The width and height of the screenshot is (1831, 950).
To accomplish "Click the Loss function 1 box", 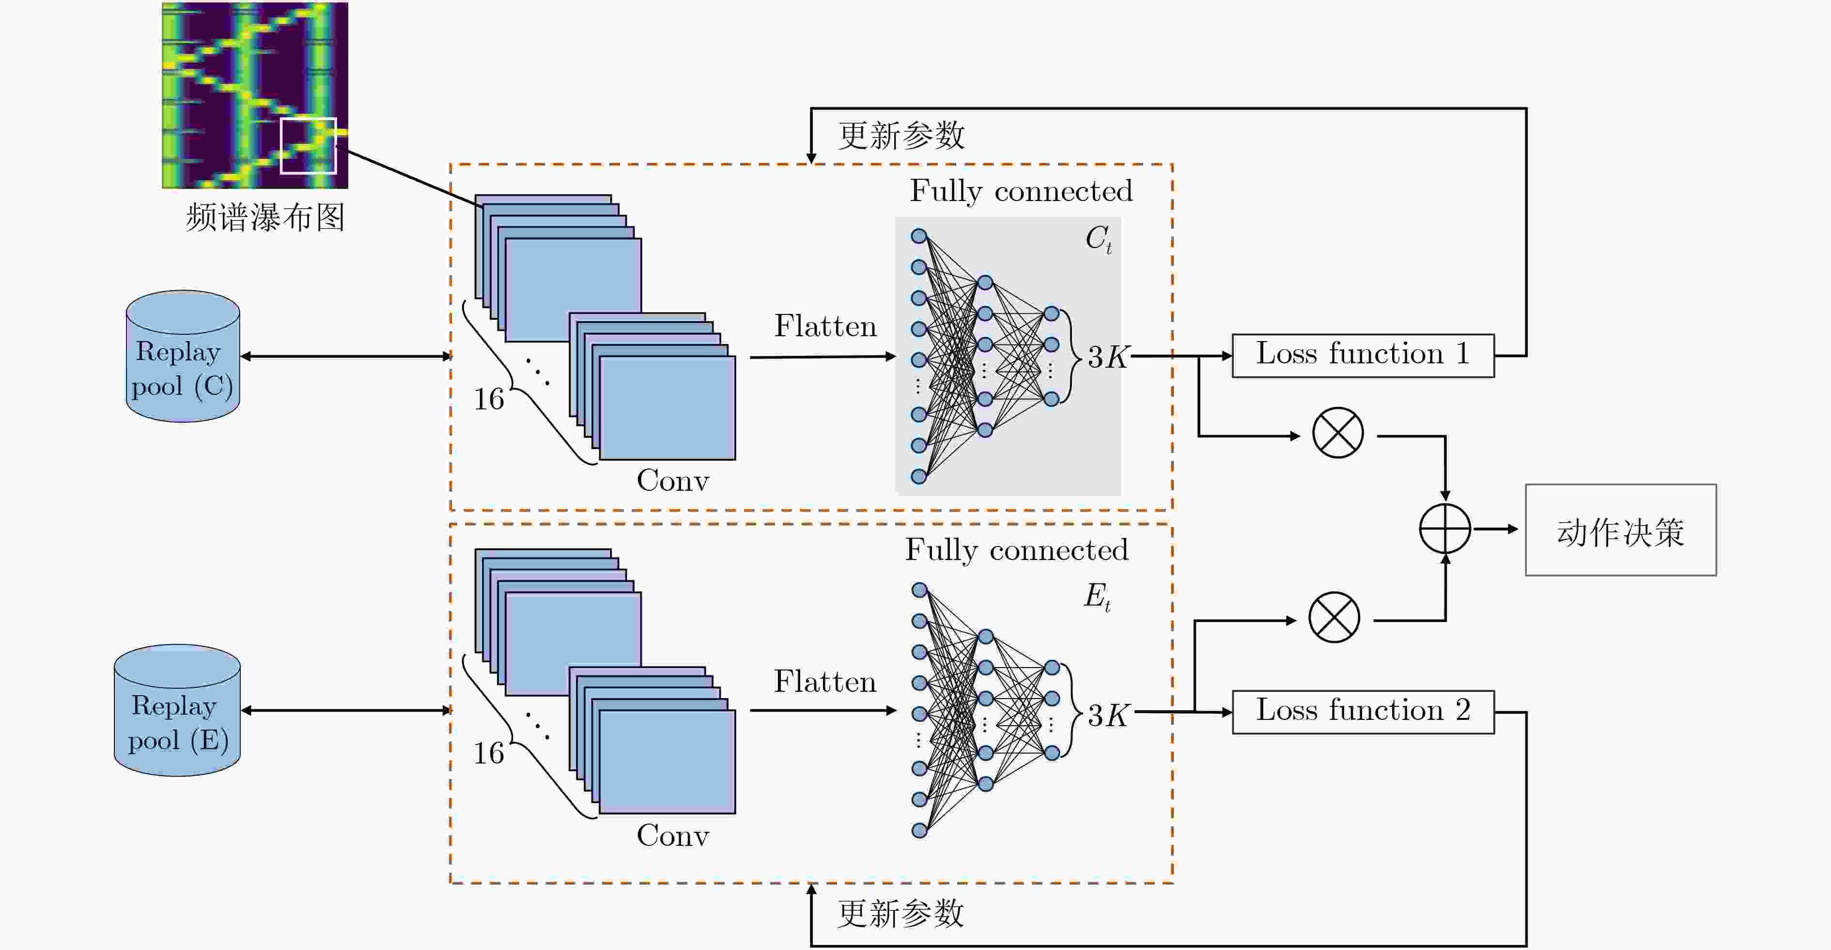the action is tap(1363, 356).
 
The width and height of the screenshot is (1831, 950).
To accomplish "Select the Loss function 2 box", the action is tap(1363, 712).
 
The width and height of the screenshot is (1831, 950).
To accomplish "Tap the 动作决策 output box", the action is tap(1621, 530).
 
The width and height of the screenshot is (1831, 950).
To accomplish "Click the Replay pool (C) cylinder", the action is tap(183, 356).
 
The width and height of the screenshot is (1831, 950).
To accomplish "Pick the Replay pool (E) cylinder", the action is tap(177, 710).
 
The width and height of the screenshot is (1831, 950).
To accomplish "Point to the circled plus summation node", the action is tap(1445, 529).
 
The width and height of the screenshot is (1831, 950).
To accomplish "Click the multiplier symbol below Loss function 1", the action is tap(1338, 432).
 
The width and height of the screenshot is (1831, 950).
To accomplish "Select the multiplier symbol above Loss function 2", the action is tap(1334, 617).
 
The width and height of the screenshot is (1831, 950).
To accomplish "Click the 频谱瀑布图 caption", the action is tap(265, 218).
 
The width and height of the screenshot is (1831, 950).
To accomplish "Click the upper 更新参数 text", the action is tap(901, 135).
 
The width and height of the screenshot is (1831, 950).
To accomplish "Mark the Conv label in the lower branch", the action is tap(672, 836).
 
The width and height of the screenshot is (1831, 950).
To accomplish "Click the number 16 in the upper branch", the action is tap(489, 399).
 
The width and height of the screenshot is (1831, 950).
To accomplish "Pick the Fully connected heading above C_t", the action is tap(1022, 190).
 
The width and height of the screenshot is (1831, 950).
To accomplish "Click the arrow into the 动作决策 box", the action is tap(1495, 529).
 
